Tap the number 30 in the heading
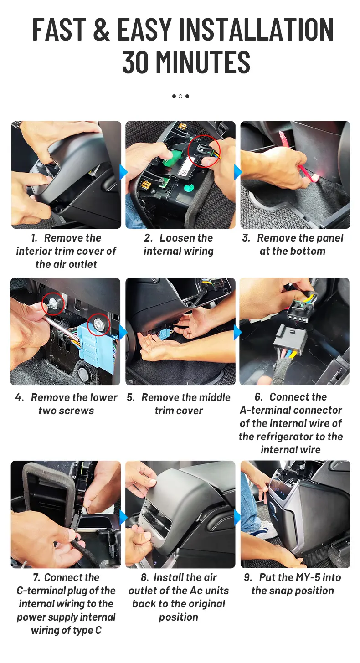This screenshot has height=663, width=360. pos(135,62)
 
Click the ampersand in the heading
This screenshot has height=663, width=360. pos(101,29)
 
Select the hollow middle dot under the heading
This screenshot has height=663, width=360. pos(180,96)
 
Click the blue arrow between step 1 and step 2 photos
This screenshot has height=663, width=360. pos(123,172)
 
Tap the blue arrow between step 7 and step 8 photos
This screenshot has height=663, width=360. pos(123,517)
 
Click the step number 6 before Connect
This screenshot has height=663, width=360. pos(259,397)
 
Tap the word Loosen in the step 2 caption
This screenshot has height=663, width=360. pos(186,238)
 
